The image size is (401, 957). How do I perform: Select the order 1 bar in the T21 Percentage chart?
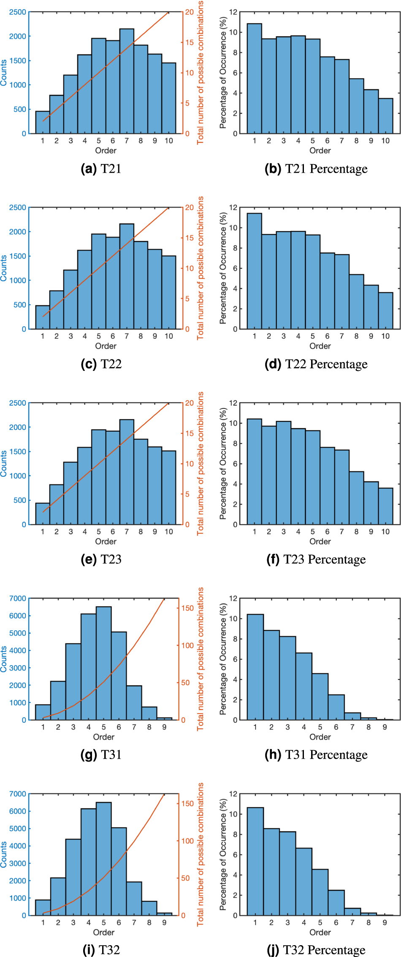(254, 78)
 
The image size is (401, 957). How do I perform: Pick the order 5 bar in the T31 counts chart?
(104, 663)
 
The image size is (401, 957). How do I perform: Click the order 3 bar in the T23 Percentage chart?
(284, 473)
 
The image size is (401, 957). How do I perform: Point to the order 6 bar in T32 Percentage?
(336, 903)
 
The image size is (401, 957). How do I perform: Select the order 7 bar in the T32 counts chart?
(134, 898)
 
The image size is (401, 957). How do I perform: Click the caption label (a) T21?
(101, 169)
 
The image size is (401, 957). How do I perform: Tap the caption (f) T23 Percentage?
(316, 559)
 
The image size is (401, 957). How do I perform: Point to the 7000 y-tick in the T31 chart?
(18, 598)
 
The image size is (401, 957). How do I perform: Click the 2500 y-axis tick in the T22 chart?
(18, 208)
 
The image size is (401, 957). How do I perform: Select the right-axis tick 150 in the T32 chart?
(187, 804)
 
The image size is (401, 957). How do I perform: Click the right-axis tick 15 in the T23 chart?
(190, 433)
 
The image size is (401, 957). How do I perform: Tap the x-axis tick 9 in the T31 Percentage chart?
(385, 727)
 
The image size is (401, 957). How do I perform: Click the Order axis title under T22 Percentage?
(320, 346)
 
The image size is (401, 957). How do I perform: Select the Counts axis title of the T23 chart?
(4, 463)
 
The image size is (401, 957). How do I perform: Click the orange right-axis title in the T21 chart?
(200, 73)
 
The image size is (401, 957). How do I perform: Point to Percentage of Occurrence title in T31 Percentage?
(223, 659)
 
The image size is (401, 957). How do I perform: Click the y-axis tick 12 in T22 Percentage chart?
(233, 208)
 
